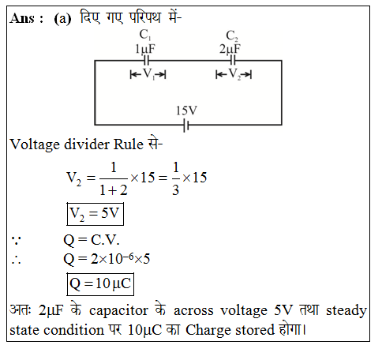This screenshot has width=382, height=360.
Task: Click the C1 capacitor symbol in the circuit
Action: point(147,61)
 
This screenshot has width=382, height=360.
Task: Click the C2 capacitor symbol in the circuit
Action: point(233,61)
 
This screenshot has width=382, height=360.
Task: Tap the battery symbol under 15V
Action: point(186,125)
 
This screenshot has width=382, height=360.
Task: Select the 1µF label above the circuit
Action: point(145,49)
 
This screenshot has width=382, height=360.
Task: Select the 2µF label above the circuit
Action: point(230,49)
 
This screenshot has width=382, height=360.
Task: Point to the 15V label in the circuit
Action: point(186,111)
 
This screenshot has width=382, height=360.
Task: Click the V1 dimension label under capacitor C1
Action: point(148,74)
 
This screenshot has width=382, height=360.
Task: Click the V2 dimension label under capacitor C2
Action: point(234,74)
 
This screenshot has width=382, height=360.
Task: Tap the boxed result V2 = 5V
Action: point(95,214)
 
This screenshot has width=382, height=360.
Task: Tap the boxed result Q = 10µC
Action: point(100,284)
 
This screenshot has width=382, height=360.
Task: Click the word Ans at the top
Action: point(22,19)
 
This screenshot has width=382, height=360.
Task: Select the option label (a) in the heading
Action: point(62,19)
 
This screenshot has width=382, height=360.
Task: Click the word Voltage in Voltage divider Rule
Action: point(35,145)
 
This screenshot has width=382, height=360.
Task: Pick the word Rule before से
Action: point(129,144)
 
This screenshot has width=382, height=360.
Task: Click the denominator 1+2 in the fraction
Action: point(114,190)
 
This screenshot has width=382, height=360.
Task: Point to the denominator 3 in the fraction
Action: point(176,190)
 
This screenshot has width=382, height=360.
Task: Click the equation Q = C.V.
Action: point(92,240)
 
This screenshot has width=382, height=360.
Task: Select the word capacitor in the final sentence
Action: point(118,311)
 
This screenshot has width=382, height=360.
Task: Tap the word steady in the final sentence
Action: point(346,311)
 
